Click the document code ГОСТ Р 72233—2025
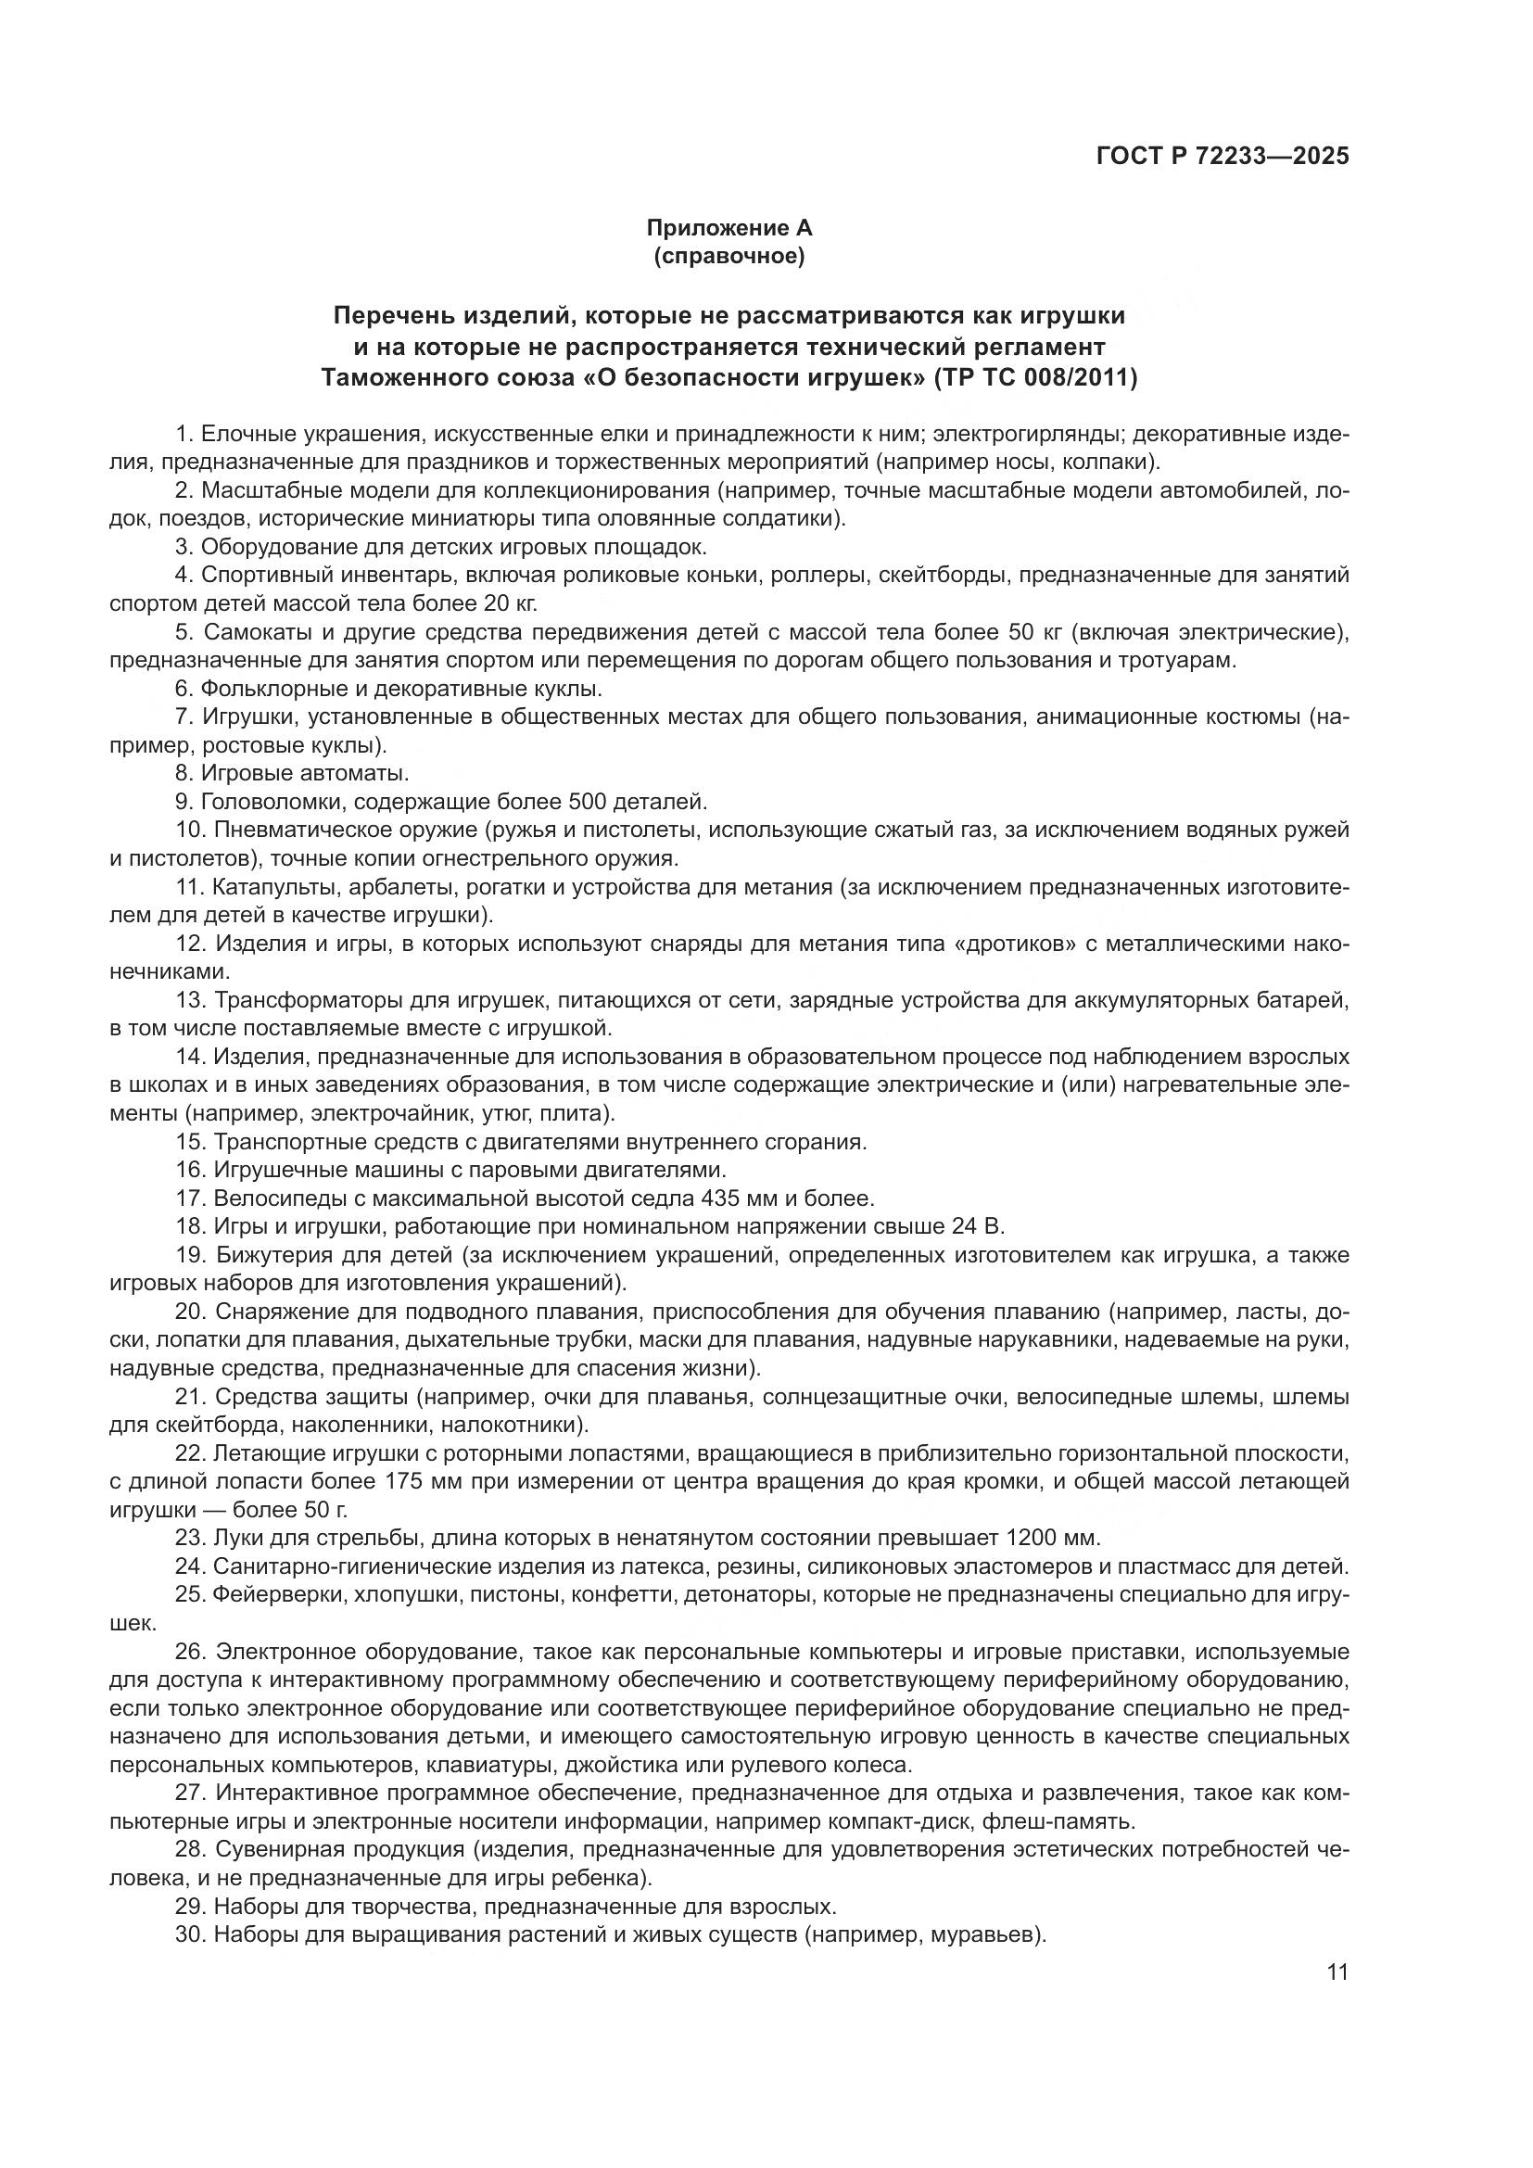click(x=1223, y=156)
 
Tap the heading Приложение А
click(x=728, y=228)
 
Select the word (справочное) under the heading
click(x=728, y=256)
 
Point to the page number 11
click(x=1337, y=1972)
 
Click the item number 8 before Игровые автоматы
click(x=184, y=774)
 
